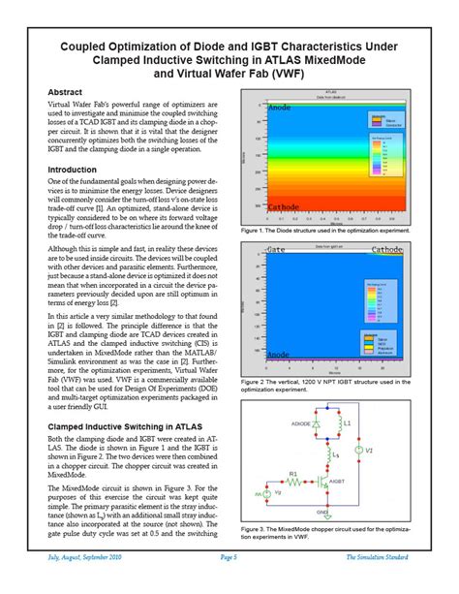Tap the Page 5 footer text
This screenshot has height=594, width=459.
point(229,584)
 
